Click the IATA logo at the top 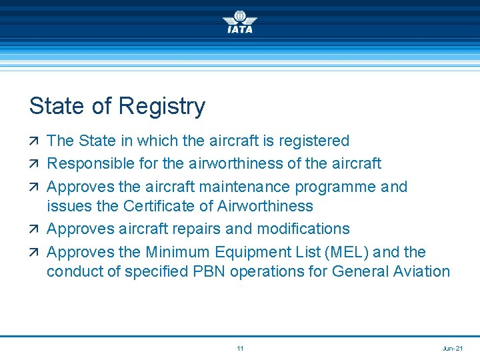239,23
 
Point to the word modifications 304,229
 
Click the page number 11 240,349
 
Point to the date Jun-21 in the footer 452,349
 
